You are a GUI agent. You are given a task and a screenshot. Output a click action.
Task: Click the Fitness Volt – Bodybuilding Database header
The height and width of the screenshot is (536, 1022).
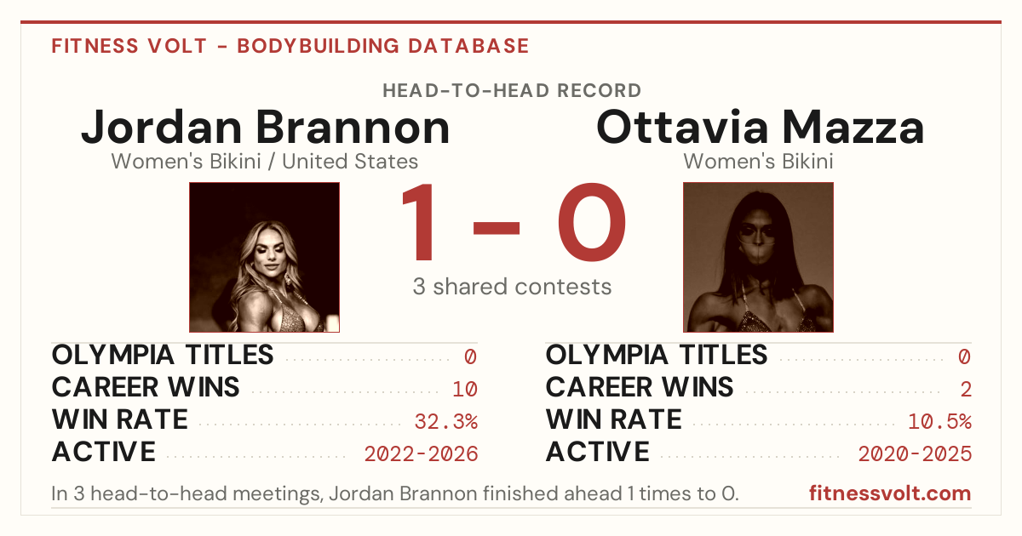[290, 46]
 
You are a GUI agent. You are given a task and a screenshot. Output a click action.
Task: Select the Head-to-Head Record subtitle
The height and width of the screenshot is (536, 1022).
[512, 91]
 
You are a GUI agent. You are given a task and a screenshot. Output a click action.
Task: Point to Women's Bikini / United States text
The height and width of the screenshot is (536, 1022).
[265, 162]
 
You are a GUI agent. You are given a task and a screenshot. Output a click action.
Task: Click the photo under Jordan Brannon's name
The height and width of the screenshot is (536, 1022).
[265, 258]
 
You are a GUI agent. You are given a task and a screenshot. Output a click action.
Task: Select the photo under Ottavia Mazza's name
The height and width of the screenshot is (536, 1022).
[758, 258]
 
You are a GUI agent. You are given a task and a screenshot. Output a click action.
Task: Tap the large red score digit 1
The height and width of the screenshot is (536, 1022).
[419, 222]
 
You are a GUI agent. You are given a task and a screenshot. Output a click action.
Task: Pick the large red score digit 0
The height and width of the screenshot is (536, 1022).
[592, 222]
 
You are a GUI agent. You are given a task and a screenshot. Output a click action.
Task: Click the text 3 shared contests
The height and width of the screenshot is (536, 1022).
[512, 287]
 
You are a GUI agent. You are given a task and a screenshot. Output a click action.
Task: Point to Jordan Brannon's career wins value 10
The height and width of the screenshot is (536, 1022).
[465, 390]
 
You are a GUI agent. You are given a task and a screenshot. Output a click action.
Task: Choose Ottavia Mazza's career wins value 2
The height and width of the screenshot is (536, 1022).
[966, 390]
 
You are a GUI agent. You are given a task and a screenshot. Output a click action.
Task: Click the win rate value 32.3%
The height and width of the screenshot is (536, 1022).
[445, 422]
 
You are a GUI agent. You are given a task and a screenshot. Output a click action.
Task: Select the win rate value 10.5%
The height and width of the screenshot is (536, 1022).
[940, 422]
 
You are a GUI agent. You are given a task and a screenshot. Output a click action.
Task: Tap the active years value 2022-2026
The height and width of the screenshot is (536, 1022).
[421, 454]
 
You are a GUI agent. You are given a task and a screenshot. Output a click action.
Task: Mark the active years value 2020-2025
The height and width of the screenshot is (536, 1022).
[915, 454]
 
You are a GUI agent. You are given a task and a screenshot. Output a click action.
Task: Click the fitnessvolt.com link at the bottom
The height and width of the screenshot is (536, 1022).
[890, 493]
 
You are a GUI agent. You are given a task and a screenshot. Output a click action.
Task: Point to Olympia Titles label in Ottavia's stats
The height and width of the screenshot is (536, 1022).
[657, 355]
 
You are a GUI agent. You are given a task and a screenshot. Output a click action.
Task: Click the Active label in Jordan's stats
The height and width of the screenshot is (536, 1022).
[104, 452]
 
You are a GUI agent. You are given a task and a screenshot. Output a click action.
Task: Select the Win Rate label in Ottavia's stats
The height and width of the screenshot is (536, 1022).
[614, 419]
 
